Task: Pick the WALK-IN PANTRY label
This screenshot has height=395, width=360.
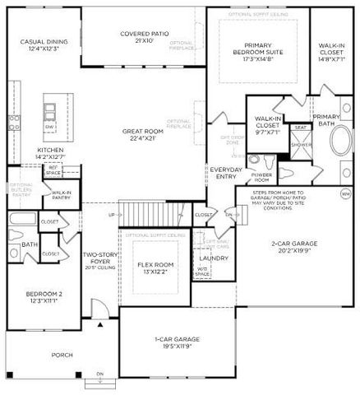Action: tap(62, 194)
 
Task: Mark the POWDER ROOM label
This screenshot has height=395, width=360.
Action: tap(262, 177)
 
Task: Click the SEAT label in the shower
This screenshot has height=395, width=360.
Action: tap(302, 128)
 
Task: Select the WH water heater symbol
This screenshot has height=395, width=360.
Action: tap(346, 194)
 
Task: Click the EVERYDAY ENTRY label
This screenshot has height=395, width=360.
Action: tap(225, 174)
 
